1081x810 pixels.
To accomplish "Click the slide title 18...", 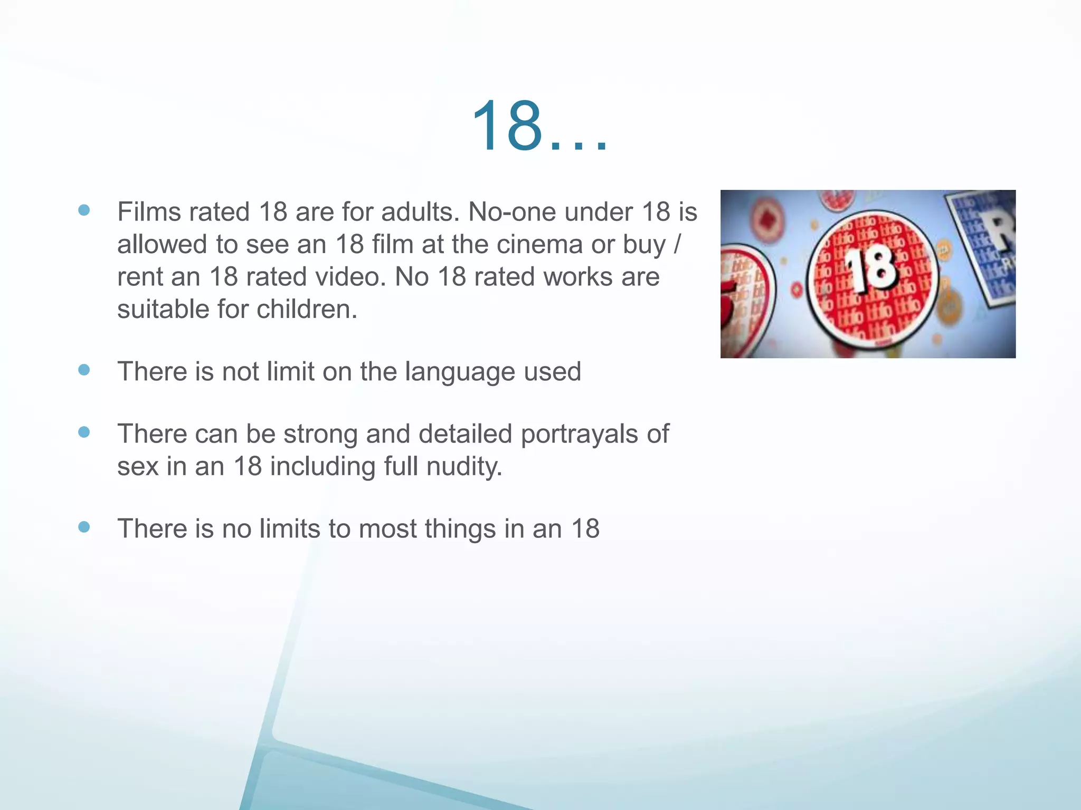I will click(x=538, y=127).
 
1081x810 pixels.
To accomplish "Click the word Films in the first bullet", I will click(x=146, y=212).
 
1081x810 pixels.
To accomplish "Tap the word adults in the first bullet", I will click(x=419, y=212).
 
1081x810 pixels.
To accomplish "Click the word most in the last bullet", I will click(x=387, y=529).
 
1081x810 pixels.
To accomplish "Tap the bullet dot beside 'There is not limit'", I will click(x=84, y=370).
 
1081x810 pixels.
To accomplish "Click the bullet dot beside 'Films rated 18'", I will click(x=84, y=210).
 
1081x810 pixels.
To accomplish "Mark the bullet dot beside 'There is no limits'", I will click(x=84, y=527).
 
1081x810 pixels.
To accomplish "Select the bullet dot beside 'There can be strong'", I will click(x=84, y=432).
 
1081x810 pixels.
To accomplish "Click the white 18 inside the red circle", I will click(x=871, y=269).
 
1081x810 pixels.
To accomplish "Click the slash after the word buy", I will click(x=677, y=245).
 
